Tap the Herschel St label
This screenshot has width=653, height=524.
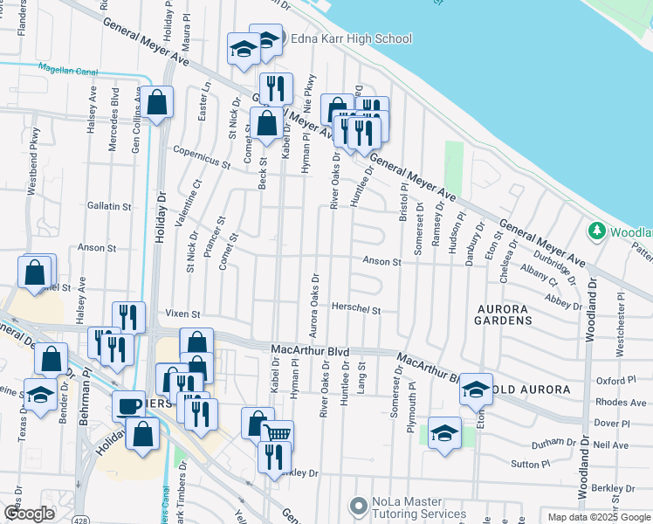[356, 309]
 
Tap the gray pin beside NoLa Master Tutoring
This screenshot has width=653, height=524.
[357, 506]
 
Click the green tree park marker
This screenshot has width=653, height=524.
[597, 231]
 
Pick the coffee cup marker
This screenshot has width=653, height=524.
[129, 406]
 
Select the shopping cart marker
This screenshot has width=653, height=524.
[278, 434]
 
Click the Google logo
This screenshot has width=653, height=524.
[30, 514]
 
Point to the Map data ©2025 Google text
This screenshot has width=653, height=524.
[598, 517]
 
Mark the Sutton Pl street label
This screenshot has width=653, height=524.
[530, 465]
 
